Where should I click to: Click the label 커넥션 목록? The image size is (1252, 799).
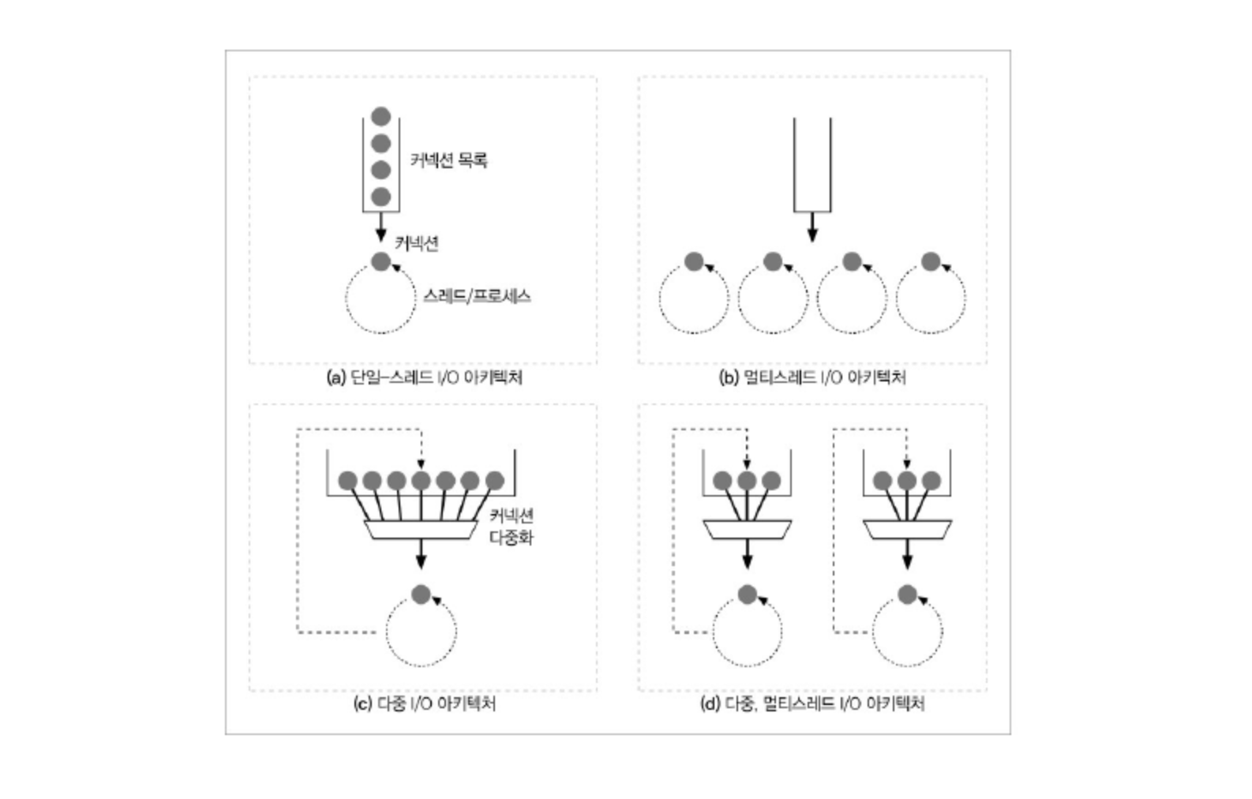[x=449, y=160]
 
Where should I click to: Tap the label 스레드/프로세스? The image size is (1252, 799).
[x=477, y=296]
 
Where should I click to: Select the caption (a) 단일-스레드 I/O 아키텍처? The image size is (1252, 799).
[x=425, y=377]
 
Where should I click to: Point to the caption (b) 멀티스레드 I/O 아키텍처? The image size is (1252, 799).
[x=812, y=377]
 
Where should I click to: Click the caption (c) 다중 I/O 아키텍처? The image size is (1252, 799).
[x=425, y=703]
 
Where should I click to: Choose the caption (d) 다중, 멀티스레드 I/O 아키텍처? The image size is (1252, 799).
[x=812, y=703]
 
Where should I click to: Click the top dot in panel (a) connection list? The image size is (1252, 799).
[x=381, y=116]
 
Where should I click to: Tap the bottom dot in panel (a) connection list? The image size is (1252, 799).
[x=381, y=197]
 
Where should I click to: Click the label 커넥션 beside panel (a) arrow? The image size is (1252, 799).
[x=417, y=243]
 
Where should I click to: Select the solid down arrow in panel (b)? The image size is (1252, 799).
[x=812, y=227]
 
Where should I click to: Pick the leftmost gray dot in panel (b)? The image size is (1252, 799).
[x=694, y=261]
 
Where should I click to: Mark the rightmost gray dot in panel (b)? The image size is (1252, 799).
[x=931, y=261]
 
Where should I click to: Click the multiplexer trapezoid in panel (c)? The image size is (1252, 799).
[x=421, y=530]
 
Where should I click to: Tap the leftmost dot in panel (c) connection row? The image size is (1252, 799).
[x=347, y=480]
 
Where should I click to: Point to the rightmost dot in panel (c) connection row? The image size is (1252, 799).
[x=495, y=480]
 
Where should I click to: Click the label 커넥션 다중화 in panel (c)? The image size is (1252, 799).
[x=512, y=526]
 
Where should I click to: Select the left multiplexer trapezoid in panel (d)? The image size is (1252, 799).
[x=748, y=530]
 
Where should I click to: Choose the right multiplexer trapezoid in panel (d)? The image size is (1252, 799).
[x=908, y=530]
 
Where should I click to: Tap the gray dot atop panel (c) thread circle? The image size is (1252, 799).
[x=421, y=595]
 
